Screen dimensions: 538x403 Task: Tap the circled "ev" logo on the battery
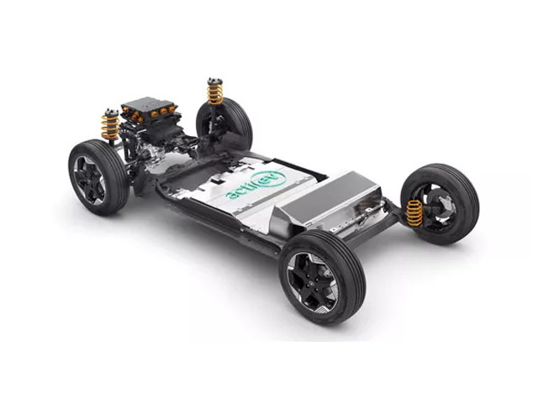pos(268,179)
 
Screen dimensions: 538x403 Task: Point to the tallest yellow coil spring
pos(215,92)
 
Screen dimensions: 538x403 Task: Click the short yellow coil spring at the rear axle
pos(414,213)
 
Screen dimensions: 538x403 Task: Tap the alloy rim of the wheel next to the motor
pos(89,180)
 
